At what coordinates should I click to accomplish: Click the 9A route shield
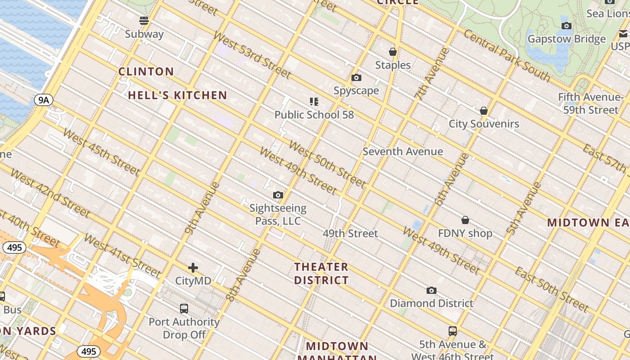pyautogui.click(x=43, y=100)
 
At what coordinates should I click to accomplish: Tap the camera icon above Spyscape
pyautogui.click(x=356, y=78)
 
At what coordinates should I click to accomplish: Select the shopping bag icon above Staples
pyautogui.click(x=393, y=52)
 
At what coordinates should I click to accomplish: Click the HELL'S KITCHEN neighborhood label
pyautogui.click(x=177, y=95)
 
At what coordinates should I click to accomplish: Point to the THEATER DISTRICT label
pyautogui.click(x=321, y=274)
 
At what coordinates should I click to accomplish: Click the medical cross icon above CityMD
pyautogui.click(x=193, y=268)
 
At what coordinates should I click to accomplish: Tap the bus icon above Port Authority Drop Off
pyautogui.click(x=184, y=309)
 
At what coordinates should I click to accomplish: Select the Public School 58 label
pyautogui.click(x=314, y=115)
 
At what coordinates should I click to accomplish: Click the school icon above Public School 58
pyautogui.click(x=314, y=102)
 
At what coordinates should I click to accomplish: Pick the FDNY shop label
pyautogui.click(x=465, y=234)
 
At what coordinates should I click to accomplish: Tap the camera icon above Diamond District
pyautogui.click(x=432, y=291)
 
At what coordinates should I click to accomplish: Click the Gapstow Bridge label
pyautogui.click(x=567, y=39)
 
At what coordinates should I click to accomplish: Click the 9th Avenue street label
pyautogui.click(x=202, y=208)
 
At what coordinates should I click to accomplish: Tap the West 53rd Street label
pyautogui.click(x=252, y=55)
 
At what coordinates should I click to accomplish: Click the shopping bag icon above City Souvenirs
pyautogui.click(x=484, y=111)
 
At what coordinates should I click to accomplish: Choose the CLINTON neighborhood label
pyautogui.click(x=146, y=72)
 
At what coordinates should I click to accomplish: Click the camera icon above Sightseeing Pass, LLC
pyautogui.click(x=278, y=195)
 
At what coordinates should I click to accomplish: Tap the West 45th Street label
pyautogui.click(x=101, y=152)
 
